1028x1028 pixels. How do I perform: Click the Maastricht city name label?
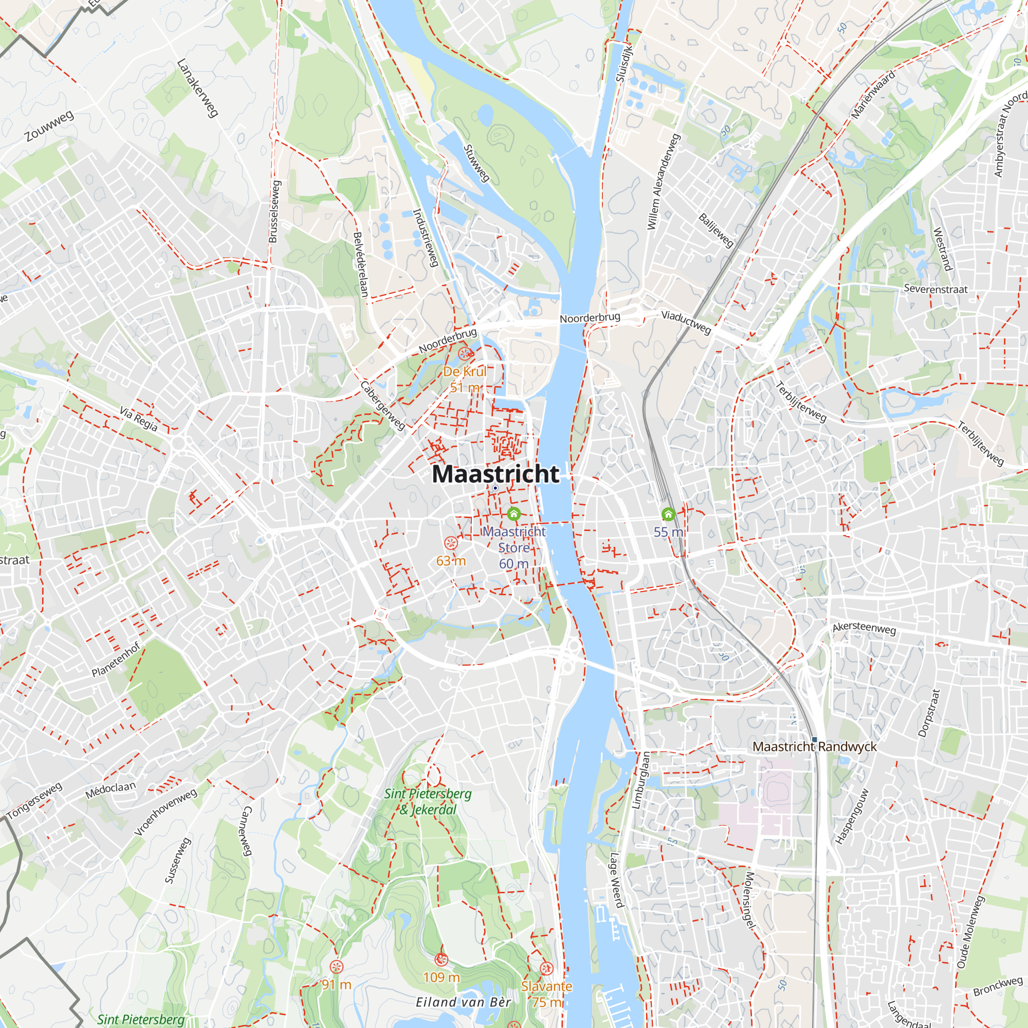tap(495, 474)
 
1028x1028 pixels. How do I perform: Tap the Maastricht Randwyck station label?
tap(814, 746)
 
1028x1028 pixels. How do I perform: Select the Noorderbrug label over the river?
tap(590, 318)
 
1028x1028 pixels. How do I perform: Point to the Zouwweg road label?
tap(49, 126)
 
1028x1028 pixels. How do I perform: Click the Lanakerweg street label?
tap(197, 88)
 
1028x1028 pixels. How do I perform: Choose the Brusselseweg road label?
tap(274, 212)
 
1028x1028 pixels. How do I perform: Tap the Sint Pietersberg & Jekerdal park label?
tap(428, 801)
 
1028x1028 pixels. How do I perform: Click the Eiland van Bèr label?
tap(463, 1002)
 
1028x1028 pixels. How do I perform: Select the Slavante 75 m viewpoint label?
tap(546, 994)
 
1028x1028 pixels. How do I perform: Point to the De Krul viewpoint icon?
tap(465, 353)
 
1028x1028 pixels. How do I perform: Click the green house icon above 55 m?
tap(668, 514)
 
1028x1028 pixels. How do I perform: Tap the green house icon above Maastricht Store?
tap(513, 513)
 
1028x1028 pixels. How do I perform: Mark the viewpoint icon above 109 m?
tap(441, 959)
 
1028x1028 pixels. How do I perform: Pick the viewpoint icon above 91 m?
tap(336, 967)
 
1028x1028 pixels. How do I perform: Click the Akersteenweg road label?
tap(864, 628)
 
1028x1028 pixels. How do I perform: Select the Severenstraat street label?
tap(935, 289)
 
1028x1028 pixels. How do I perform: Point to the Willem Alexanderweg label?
tap(663, 182)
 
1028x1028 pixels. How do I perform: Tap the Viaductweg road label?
tap(686, 322)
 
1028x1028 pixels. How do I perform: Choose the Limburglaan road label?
tap(640, 781)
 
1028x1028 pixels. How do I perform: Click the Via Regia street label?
tap(138, 419)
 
